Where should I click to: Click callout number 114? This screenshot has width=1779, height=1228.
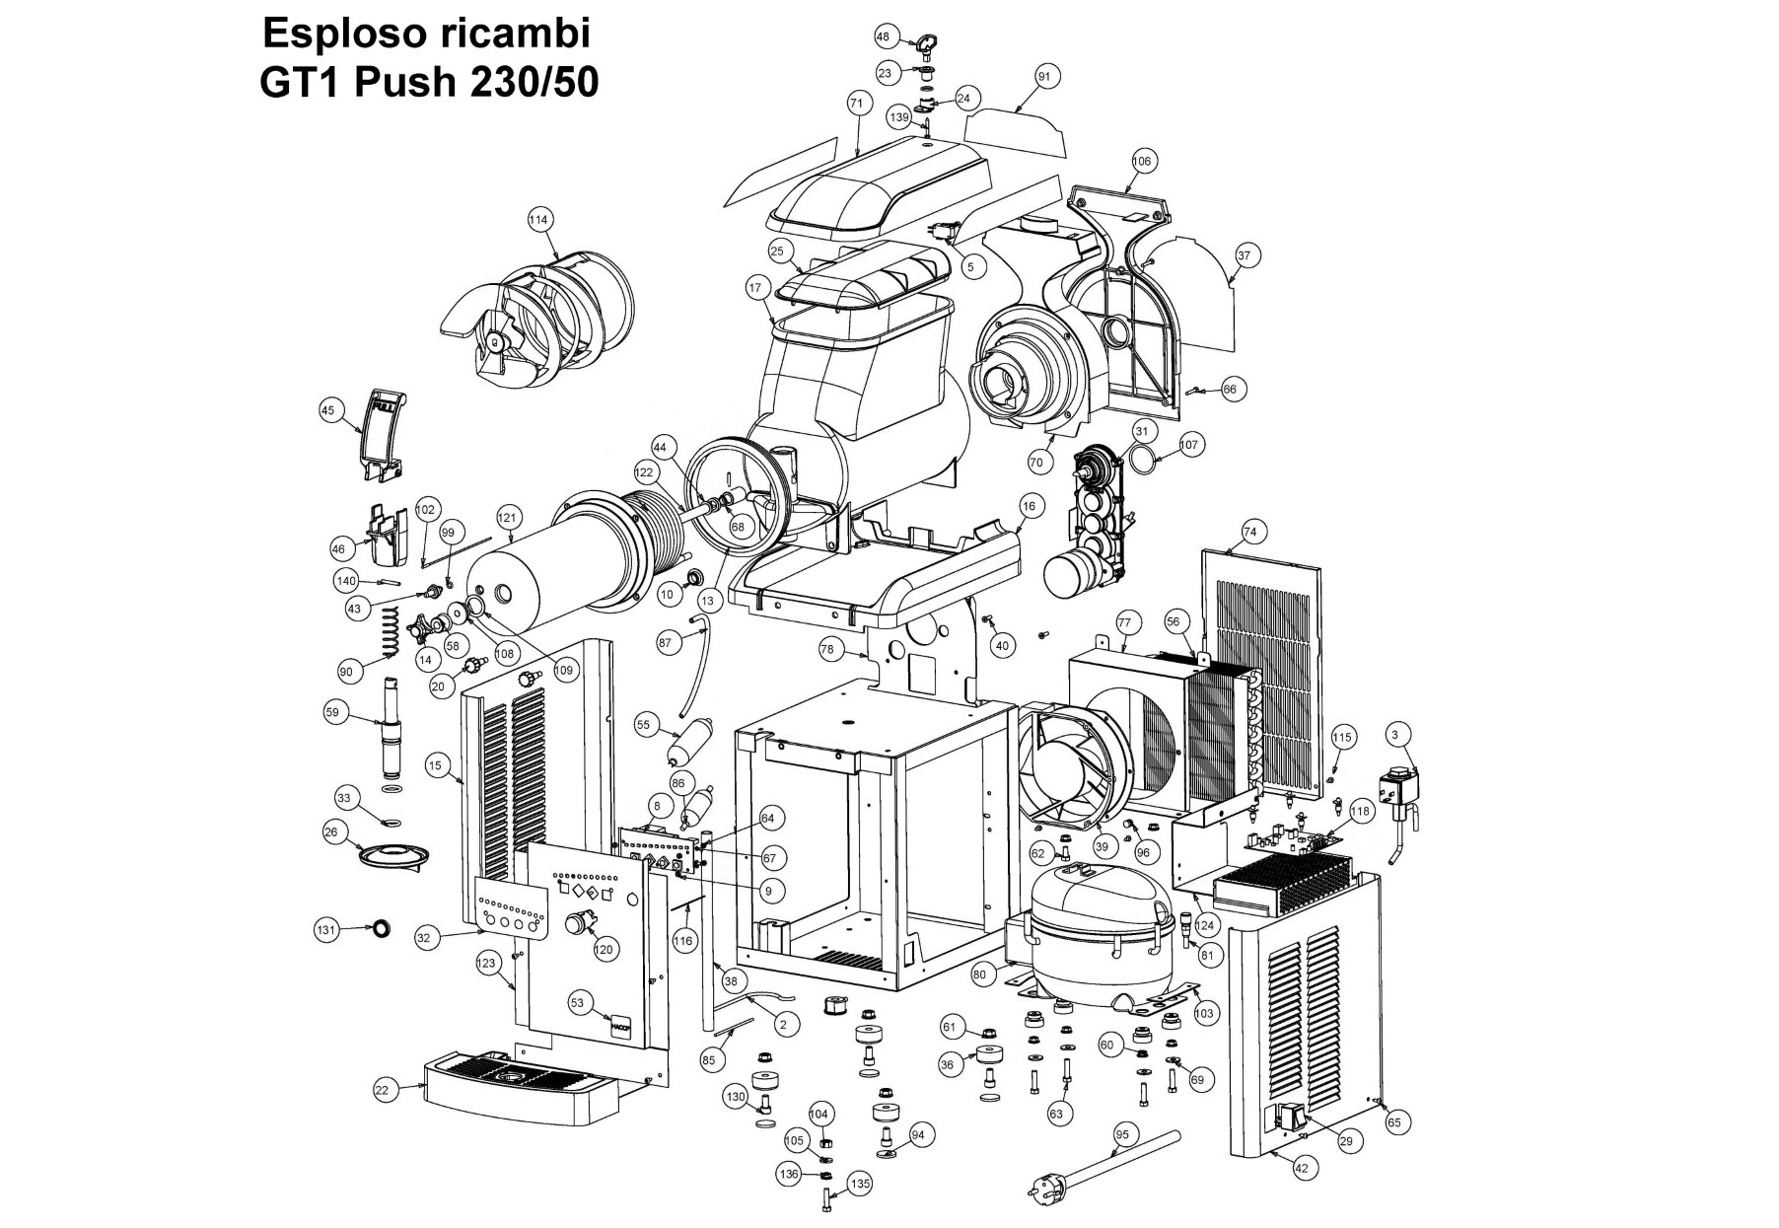[x=538, y=220]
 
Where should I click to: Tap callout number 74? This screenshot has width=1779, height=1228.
[x=1249, y=532]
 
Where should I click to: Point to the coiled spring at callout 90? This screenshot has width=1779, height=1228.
[x=391, y=633]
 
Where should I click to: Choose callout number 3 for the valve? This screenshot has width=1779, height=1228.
[x=1394, y=734]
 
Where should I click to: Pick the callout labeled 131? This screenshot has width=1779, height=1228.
[x=326, y=929]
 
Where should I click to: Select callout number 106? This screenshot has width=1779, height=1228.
[x=1142, y=161]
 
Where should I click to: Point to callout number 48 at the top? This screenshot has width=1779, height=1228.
[x=883, y=36]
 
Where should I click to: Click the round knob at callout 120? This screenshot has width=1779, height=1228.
[x=575, y=924]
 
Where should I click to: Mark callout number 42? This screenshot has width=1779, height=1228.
[x=1301, y=1168]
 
